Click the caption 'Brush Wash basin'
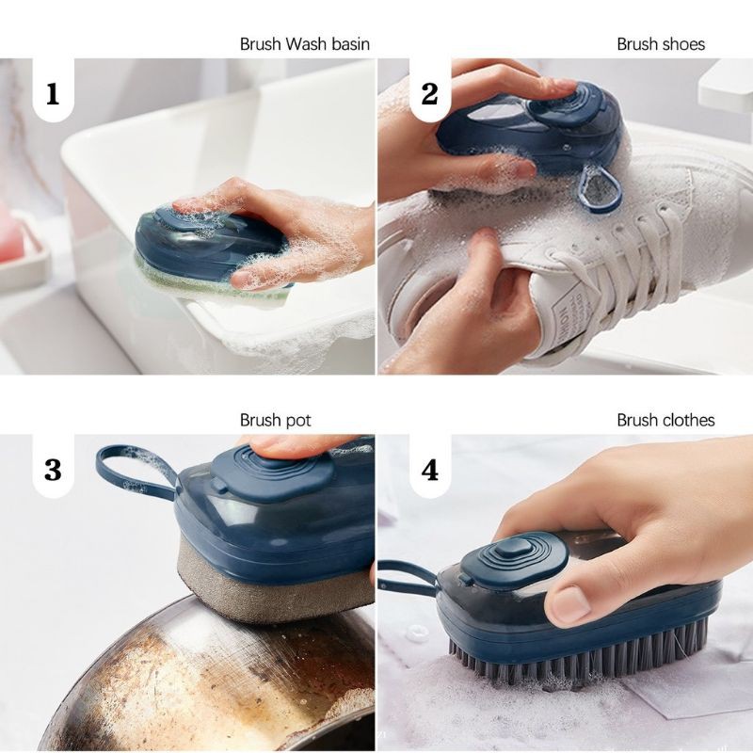click(x=305, y=44)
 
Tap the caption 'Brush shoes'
click(x=661, y=44)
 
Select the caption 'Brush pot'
click(x=276, y=421)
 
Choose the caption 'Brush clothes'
click(x=665, y=420)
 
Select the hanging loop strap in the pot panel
click(x=136, y=471)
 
